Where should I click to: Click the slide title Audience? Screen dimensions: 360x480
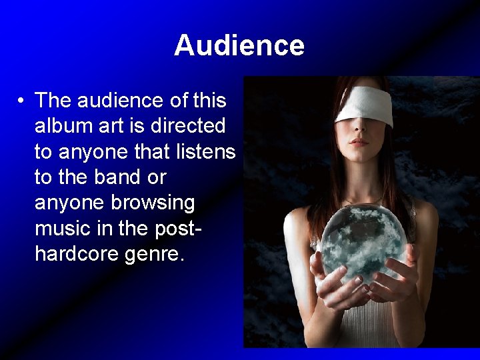coord(239,45)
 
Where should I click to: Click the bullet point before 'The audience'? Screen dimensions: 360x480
coord(22,101)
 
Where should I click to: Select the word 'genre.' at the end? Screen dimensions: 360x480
coord(157,255)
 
